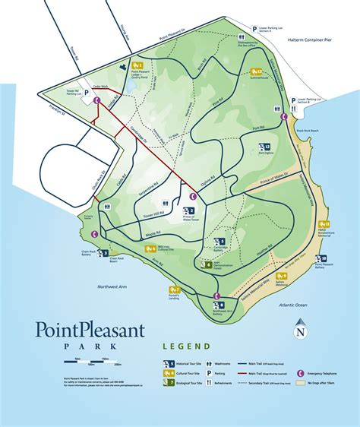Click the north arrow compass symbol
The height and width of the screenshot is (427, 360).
(302, 330)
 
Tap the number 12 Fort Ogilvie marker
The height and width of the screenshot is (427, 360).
(266, 147)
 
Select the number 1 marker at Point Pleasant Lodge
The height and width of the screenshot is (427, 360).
(138, 65)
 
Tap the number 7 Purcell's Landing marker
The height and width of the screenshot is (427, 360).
(175, 290)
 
